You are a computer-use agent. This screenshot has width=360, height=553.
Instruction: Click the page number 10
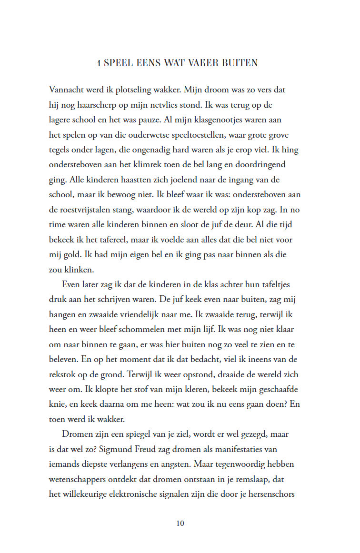click(180, 523)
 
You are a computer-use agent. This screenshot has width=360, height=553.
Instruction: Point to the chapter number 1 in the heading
click(98, 63)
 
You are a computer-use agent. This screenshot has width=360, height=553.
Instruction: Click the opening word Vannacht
click(68, 90)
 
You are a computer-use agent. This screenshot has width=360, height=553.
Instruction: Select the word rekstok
click(62, 374)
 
